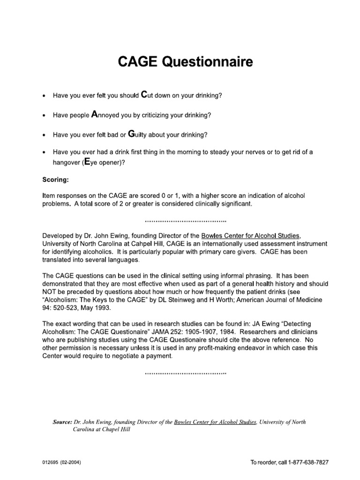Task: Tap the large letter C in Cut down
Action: coord(144,95)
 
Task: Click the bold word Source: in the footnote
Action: coord(63,422)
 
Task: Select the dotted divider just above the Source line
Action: coord(186,374)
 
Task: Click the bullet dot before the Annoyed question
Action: coord(44,115)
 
